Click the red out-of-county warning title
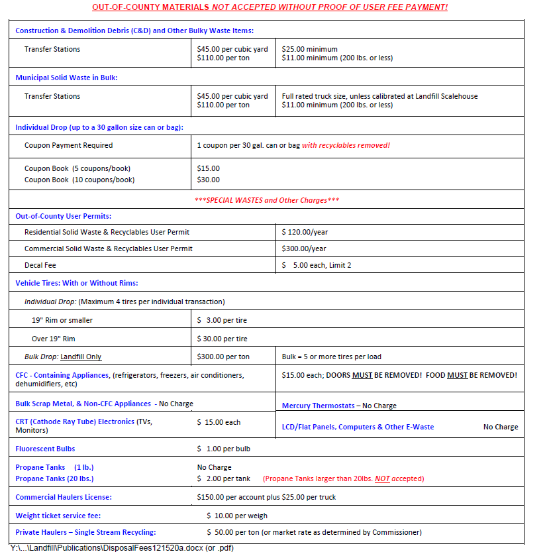pos(270,7)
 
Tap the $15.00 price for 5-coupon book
pos(209,168)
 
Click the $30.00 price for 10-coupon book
pos(209,180)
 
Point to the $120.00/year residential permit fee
pos(305,232)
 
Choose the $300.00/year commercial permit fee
pos(304,249)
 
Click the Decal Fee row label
pos(40,265)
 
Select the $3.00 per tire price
pos(222,320)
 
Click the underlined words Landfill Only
pos(81,357)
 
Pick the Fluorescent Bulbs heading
pos(45,449)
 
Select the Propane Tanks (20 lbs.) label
pos(54,478)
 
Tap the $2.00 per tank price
pos(224,478)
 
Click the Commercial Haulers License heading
pos(64,497)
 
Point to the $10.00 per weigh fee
pos(237,516)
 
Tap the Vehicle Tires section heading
pos(76,283)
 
